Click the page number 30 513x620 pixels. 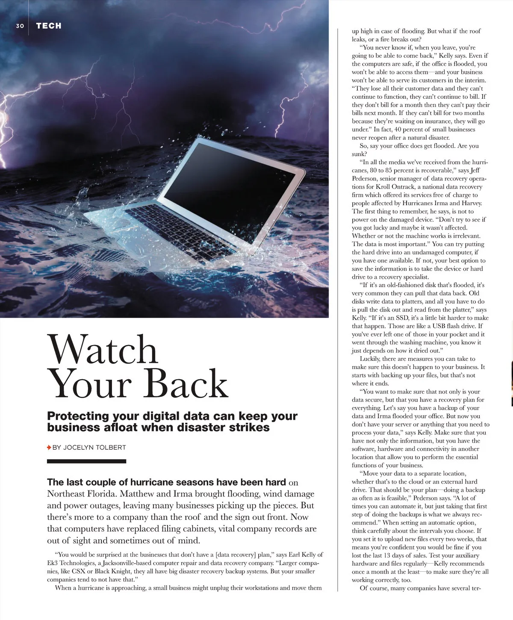[20, 26]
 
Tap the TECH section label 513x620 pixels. [49, 26]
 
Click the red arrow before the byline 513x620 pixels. [49, 447]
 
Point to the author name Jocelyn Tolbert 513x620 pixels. [94, 447]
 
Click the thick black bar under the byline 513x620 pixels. [86, 461]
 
